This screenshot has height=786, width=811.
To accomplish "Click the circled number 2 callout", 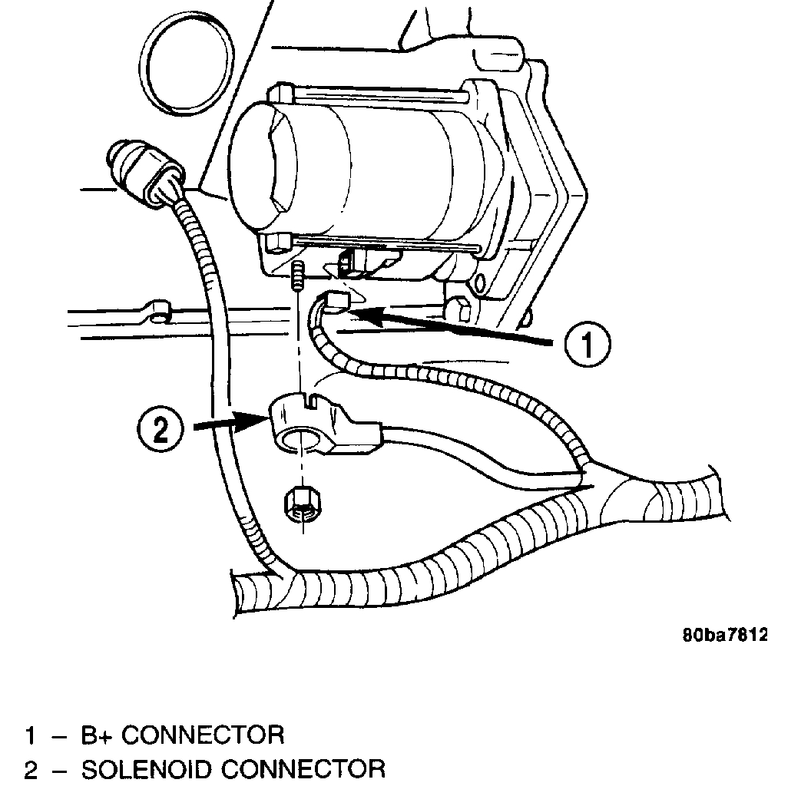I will click(159, 428).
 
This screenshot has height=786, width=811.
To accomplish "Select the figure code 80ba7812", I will click(724, 636).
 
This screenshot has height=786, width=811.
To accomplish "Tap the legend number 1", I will click(30, 736).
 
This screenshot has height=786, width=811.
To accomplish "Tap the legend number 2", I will click(30, 770).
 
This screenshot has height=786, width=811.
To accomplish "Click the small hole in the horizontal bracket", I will click(161, 314).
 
